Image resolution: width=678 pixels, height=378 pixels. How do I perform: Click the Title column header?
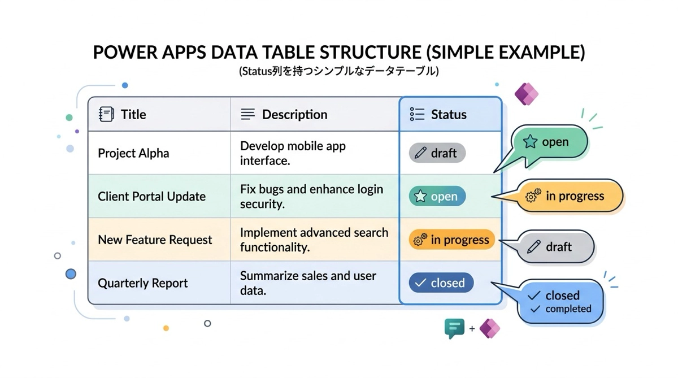click(x=133, y=115)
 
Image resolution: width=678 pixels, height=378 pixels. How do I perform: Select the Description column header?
click(x=294, y=115)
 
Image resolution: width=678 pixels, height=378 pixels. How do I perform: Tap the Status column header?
click(x=449, y=115)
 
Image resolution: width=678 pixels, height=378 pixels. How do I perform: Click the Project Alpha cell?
click(x=133, y=153)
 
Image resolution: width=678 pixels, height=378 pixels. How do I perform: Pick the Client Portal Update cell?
click(x=151, y=197)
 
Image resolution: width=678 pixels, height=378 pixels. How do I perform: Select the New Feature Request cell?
click(x=155, y=240)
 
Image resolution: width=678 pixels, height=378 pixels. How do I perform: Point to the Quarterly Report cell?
click(x=142, y=283)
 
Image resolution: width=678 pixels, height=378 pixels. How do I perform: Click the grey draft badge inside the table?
click(x=437, y=153)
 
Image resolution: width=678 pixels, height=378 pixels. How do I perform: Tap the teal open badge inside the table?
click(x=437, y=197)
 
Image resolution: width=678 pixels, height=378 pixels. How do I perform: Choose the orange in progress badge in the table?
click(x=451, y=240)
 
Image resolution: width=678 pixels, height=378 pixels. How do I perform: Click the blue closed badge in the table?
click(x=441, y=283)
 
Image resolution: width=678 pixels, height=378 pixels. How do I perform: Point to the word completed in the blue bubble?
click(x=568, y=309)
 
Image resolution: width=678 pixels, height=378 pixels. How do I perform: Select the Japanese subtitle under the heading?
click(x=338, y=72)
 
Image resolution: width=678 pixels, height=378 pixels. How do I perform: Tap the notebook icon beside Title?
click(x=106, y=115)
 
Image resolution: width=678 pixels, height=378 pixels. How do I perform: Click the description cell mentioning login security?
click(x=311, y=197)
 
